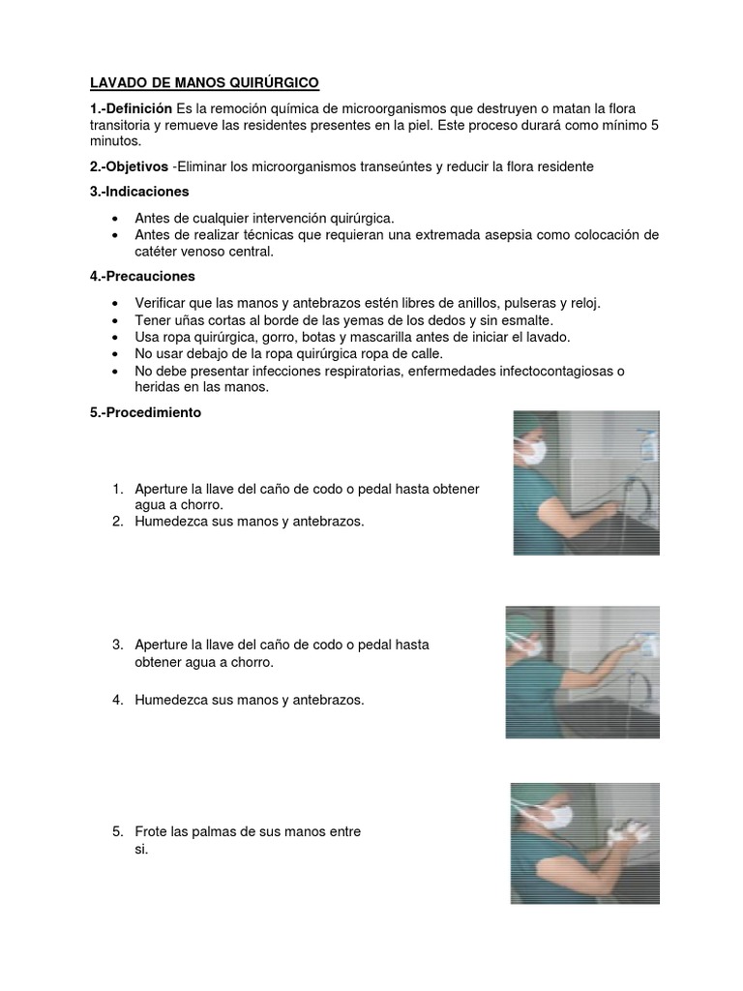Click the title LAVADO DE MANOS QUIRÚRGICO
(x=204, y=84)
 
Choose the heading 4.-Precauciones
(x=140, y=278)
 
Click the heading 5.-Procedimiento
(x=145, y=411)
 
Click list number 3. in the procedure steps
(x=118, y=645)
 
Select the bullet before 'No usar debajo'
(x=117, y=354)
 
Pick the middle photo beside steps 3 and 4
(x=582, y=673)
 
